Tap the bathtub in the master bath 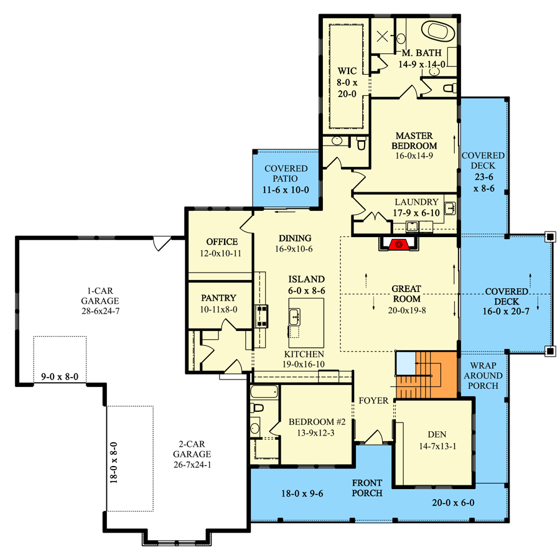pos(440,30)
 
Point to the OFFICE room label pos(222,241)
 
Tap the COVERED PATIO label pos(286,174)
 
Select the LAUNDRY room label pos(416,202)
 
